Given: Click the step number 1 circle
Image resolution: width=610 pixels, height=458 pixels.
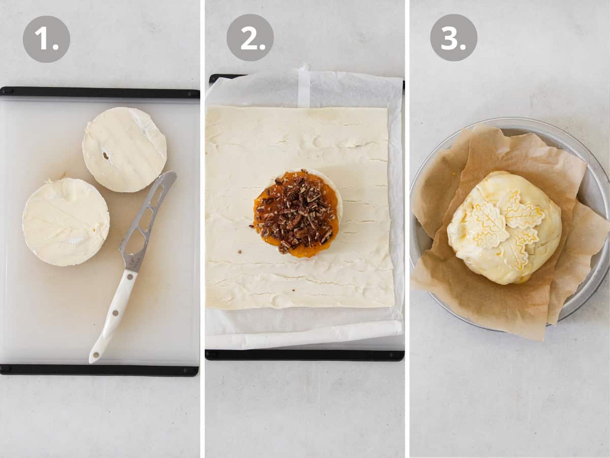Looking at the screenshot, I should click(x=46, y=39).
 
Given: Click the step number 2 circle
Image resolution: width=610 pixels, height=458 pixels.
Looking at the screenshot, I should click(x=250, y=38).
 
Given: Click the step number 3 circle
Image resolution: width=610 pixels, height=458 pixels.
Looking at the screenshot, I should click(x=453, y=38).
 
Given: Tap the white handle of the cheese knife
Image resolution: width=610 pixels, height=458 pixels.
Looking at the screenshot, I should click(x=113, y=315).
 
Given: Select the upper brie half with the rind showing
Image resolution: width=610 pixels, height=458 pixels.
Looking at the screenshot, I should click(x=125, y=149).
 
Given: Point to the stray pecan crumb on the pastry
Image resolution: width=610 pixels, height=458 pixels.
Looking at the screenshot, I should click(x=239, y=251).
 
